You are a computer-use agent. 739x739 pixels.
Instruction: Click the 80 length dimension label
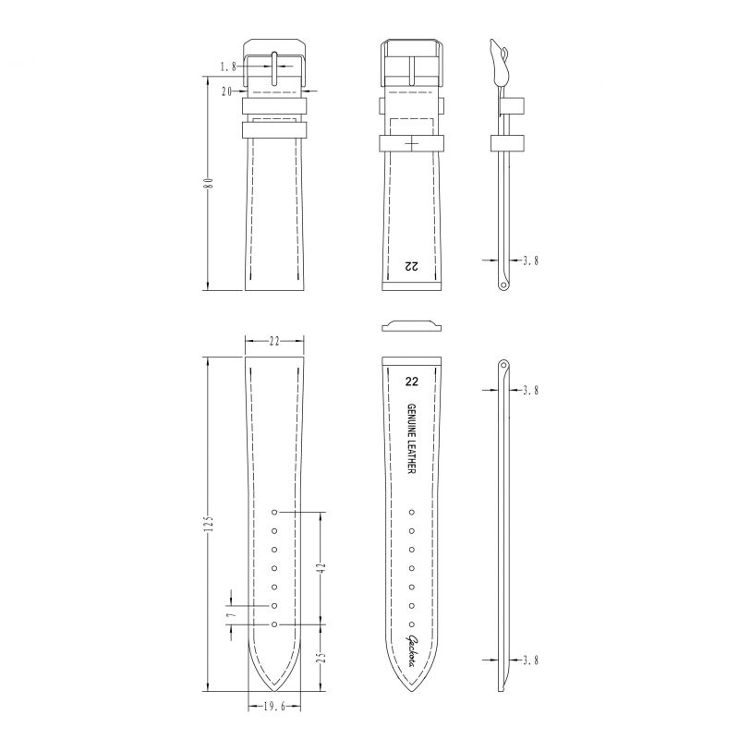210,183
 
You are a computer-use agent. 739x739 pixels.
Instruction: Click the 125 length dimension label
210,524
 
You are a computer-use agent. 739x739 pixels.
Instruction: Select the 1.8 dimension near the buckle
230,67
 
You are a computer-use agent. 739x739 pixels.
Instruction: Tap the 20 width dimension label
227,91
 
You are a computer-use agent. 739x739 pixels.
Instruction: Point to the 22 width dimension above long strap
274,342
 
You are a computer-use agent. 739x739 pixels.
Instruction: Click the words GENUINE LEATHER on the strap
411,440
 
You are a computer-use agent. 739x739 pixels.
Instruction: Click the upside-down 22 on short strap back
411,266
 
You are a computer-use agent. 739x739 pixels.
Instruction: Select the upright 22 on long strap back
411,381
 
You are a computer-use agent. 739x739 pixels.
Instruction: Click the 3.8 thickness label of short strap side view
529,261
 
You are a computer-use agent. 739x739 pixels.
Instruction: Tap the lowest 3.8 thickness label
529,660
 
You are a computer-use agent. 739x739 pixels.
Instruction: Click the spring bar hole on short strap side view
503,285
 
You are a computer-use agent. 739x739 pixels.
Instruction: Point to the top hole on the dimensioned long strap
274,511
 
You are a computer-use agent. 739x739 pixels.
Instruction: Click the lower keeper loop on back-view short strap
411,143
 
